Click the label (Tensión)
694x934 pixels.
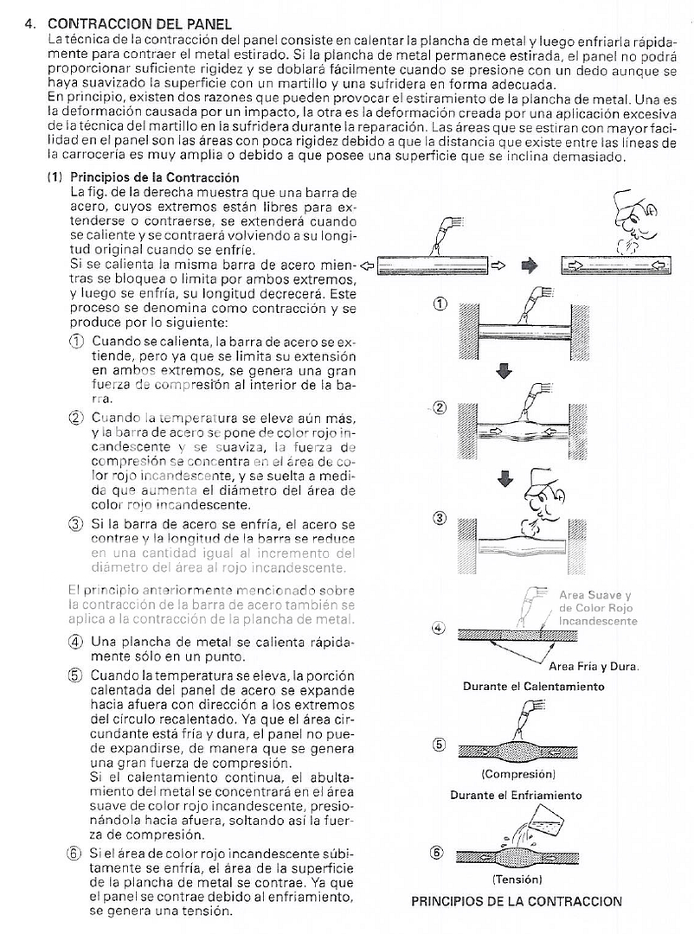517,879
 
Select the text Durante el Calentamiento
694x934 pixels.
533,687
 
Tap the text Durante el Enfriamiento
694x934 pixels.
516,795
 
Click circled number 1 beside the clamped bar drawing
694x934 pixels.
440,304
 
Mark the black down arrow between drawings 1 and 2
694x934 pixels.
504,371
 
